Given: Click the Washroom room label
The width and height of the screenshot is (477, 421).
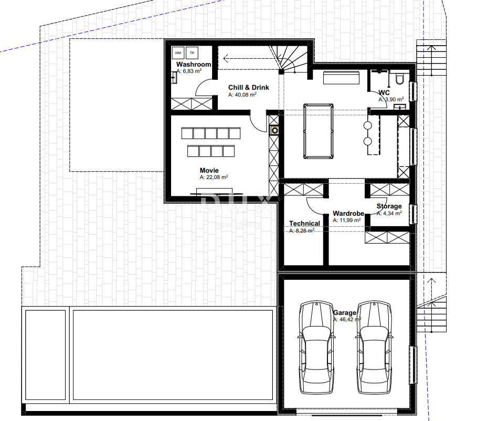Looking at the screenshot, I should click(x=194, y=65).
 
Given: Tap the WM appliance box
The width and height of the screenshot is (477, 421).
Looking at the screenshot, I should click(x=178, y=53).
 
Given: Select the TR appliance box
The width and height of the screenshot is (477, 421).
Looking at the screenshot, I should click(x=192, y=53).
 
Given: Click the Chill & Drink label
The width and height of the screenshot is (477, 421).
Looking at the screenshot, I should click(x=248, y=88).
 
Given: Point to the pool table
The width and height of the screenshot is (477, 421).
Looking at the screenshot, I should click(x=317, y=131).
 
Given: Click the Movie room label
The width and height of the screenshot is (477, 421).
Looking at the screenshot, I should click(x=209, y=171).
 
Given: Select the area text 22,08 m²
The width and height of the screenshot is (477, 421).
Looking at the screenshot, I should click(x=214, y=177).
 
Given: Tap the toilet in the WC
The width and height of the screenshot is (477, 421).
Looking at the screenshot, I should click(x=399, y=78).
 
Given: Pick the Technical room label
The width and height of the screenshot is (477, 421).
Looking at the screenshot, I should click(x=304, y=224).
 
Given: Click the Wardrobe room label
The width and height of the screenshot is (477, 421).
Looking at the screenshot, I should click(x=348, y=214).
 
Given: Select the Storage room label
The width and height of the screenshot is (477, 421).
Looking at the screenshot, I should click(x=389, y=206).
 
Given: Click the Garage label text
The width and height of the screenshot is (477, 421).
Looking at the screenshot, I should click(x=344, y=313).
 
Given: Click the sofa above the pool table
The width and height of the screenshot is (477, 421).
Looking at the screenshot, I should click(x=341, y=78).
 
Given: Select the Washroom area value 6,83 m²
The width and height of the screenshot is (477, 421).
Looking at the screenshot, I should click(x=189, y=71).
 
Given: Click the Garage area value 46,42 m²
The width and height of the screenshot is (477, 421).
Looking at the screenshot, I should click(x=347, y=319).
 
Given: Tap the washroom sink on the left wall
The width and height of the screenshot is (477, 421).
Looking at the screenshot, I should click(x=174, y=78).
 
